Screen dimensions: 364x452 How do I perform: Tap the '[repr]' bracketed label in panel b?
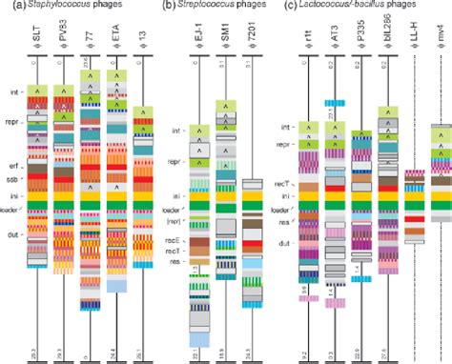coord(174,221)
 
